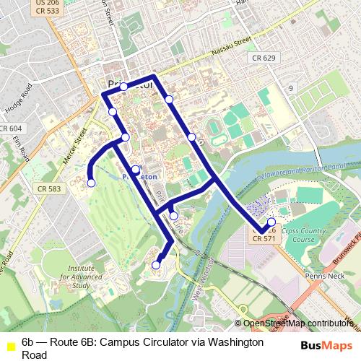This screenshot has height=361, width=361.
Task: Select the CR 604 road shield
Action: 11,128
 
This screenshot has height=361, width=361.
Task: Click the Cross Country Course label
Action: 299,235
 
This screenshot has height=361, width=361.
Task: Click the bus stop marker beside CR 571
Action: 271,222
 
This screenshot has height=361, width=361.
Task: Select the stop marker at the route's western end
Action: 91,183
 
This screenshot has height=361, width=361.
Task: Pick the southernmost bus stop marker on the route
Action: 156,266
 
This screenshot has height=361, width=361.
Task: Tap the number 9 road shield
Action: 292,87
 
